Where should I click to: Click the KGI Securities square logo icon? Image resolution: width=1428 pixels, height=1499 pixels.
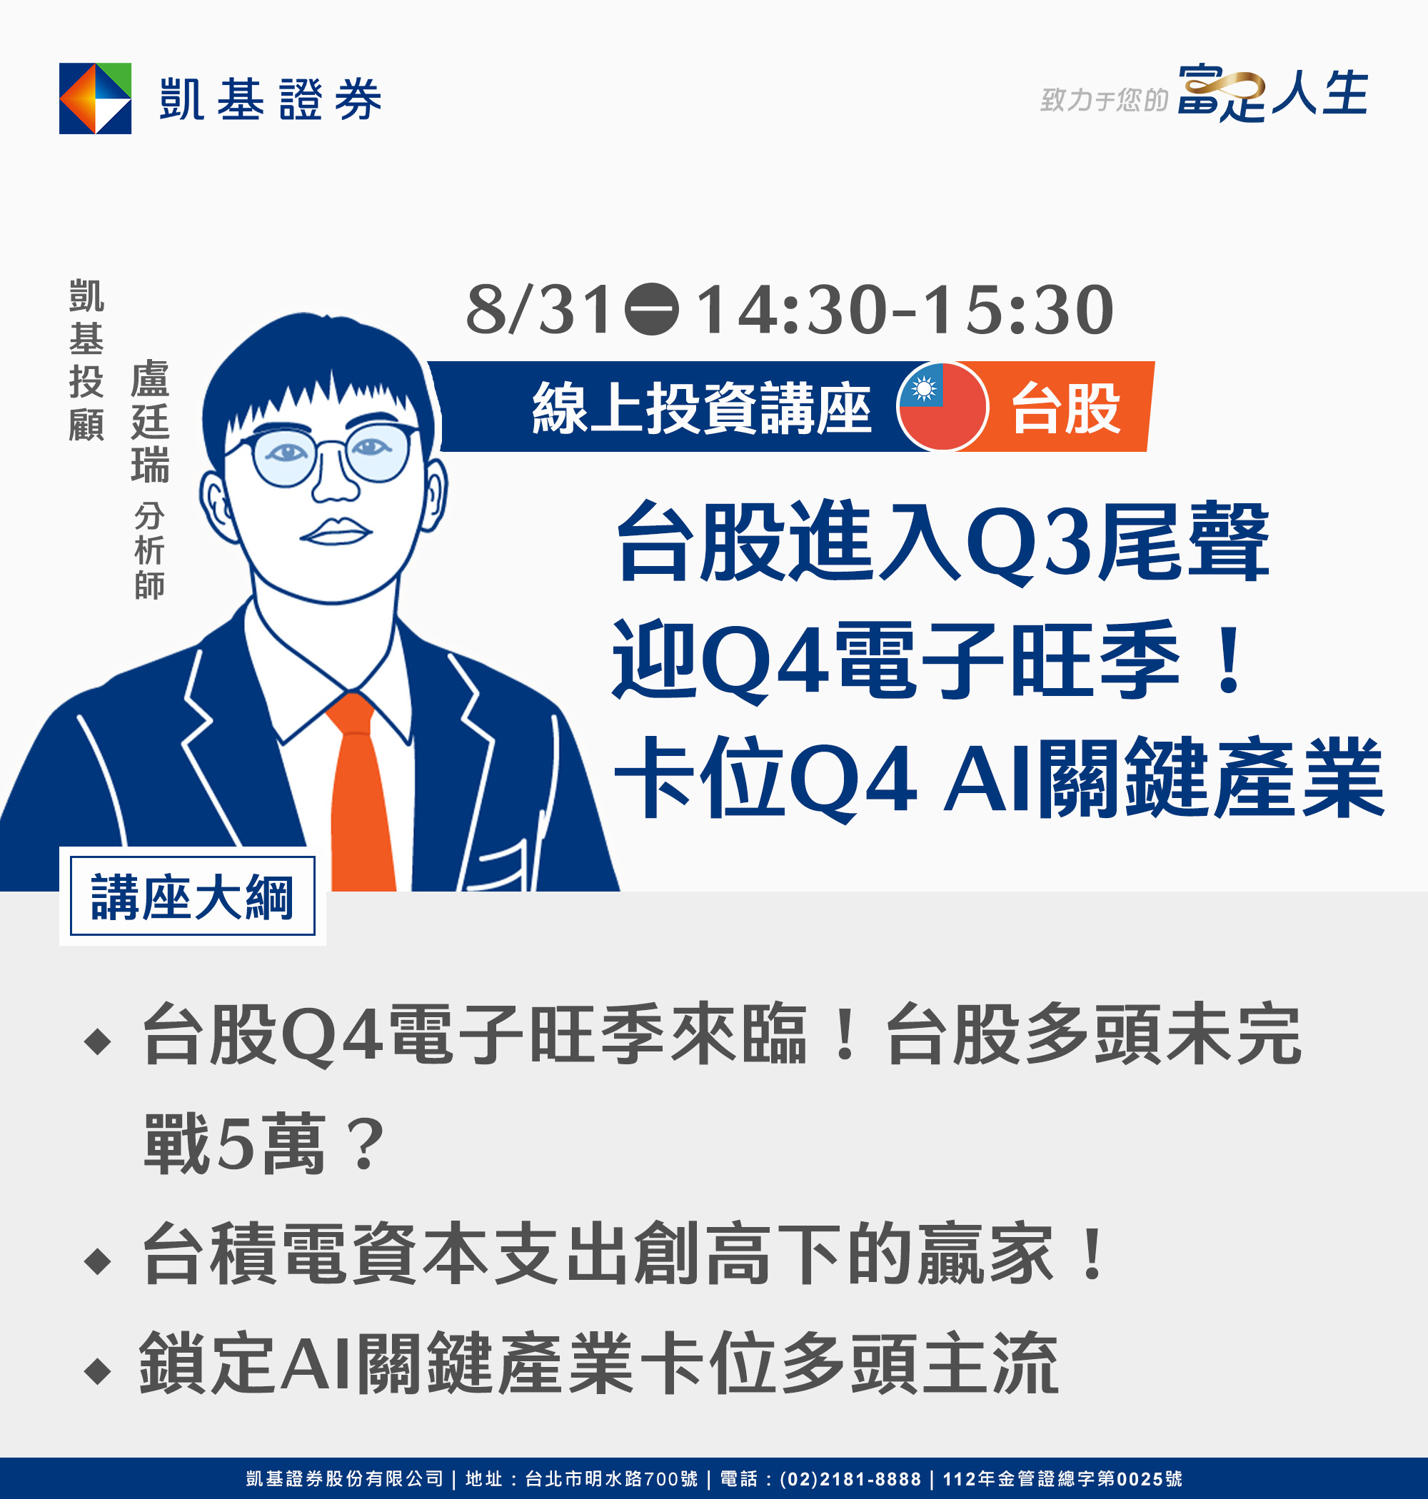point(95,99)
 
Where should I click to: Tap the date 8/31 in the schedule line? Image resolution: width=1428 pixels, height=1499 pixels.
point(539,309)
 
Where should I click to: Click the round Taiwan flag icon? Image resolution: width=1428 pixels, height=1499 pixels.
point(942,406)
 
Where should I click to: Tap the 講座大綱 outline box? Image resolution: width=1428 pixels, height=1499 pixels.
point(193,896)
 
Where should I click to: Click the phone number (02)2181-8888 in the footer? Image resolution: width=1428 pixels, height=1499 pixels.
point(850,1479)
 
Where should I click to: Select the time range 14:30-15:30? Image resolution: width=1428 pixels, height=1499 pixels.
point(905,309)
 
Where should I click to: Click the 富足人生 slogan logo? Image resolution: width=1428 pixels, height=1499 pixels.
point(1273,93)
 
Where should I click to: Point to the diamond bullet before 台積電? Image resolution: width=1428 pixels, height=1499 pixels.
point(97,1260)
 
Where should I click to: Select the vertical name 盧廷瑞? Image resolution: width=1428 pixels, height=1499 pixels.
point(150,422)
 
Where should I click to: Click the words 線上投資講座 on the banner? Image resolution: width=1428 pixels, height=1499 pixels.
point(701,408)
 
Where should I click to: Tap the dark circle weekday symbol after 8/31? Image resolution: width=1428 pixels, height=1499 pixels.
point(652,309)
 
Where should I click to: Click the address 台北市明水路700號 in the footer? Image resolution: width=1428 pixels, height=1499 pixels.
point(611,1479)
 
